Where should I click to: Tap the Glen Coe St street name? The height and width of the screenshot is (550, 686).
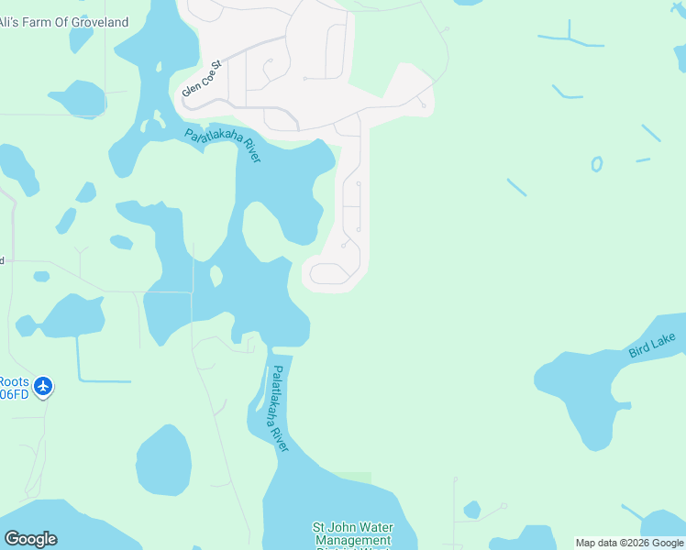202,79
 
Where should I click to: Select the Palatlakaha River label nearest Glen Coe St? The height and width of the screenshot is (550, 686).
223,145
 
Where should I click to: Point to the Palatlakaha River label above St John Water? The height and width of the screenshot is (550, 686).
279,408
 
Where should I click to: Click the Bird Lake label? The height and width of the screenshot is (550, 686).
652,346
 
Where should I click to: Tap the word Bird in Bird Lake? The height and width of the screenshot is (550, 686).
639,350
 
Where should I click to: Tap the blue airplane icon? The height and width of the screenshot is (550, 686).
43,388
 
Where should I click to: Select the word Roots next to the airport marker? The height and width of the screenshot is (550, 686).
15,382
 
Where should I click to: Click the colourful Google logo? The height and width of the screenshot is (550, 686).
30,539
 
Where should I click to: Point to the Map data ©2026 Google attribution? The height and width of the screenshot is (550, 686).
629,543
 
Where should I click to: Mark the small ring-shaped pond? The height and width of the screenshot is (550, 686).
597,165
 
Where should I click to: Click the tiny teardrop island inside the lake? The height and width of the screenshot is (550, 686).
216,275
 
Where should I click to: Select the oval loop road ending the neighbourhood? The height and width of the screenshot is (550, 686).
327,273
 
